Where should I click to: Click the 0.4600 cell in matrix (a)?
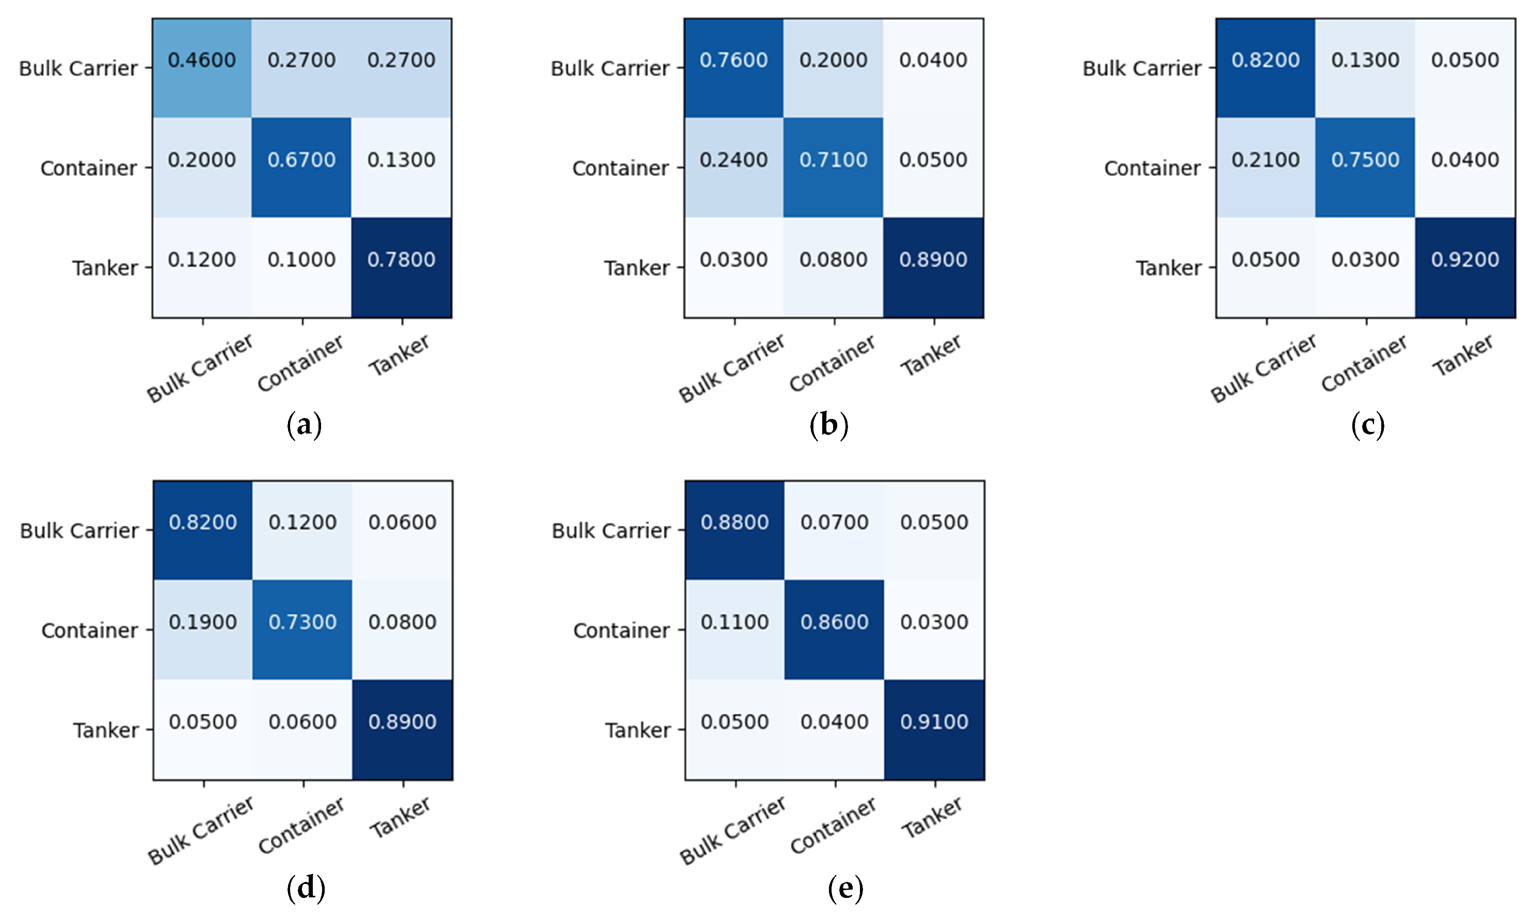[202, 68]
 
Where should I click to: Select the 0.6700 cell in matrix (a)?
[301, 167]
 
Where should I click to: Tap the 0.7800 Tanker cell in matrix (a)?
[402, 267]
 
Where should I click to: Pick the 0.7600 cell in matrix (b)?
[733, 68]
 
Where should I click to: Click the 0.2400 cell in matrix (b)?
[733, 167]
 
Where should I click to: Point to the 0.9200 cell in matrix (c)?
[1465, 267]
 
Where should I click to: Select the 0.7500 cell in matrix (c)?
[1365, 167]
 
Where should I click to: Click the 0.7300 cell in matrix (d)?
[302, 629]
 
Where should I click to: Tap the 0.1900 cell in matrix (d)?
[203, 629]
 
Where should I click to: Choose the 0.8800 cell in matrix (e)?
[735, 530]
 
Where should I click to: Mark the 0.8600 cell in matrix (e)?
[835, 629]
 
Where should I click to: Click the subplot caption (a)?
[305, 426]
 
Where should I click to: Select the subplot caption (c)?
[1367, 426]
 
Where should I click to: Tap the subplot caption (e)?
[845, 888]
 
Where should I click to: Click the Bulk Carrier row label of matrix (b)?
[610, 68]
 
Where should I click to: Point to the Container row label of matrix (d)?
[90, 631]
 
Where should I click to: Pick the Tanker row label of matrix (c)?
[1168, 268]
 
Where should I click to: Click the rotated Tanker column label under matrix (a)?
[399, 356]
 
